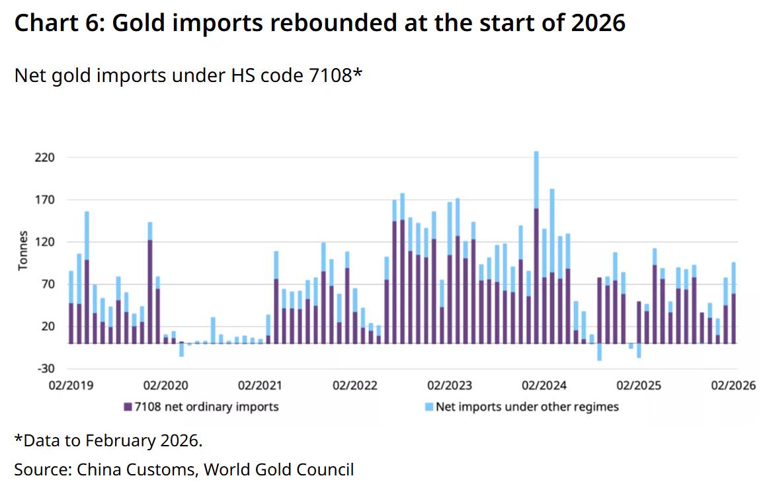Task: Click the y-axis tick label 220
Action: tap(44, 158)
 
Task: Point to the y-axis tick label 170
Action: tap(44, 200)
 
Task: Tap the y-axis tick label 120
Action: tap(44, 242)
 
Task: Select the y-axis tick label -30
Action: tap(44, 368)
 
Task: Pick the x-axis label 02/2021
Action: tap(259, 385)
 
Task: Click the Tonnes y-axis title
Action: tap(23, 250)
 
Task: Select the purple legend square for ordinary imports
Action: tap(128, 407)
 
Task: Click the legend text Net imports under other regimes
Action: tap(527, 407)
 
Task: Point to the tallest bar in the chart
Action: tap(536, 248)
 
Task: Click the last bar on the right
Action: tap(733, 303)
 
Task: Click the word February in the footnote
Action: tap(109, 440)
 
